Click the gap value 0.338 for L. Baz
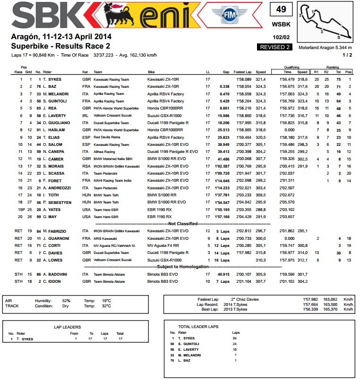tap(224, 87)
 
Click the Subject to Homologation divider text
tap(182, 267)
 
